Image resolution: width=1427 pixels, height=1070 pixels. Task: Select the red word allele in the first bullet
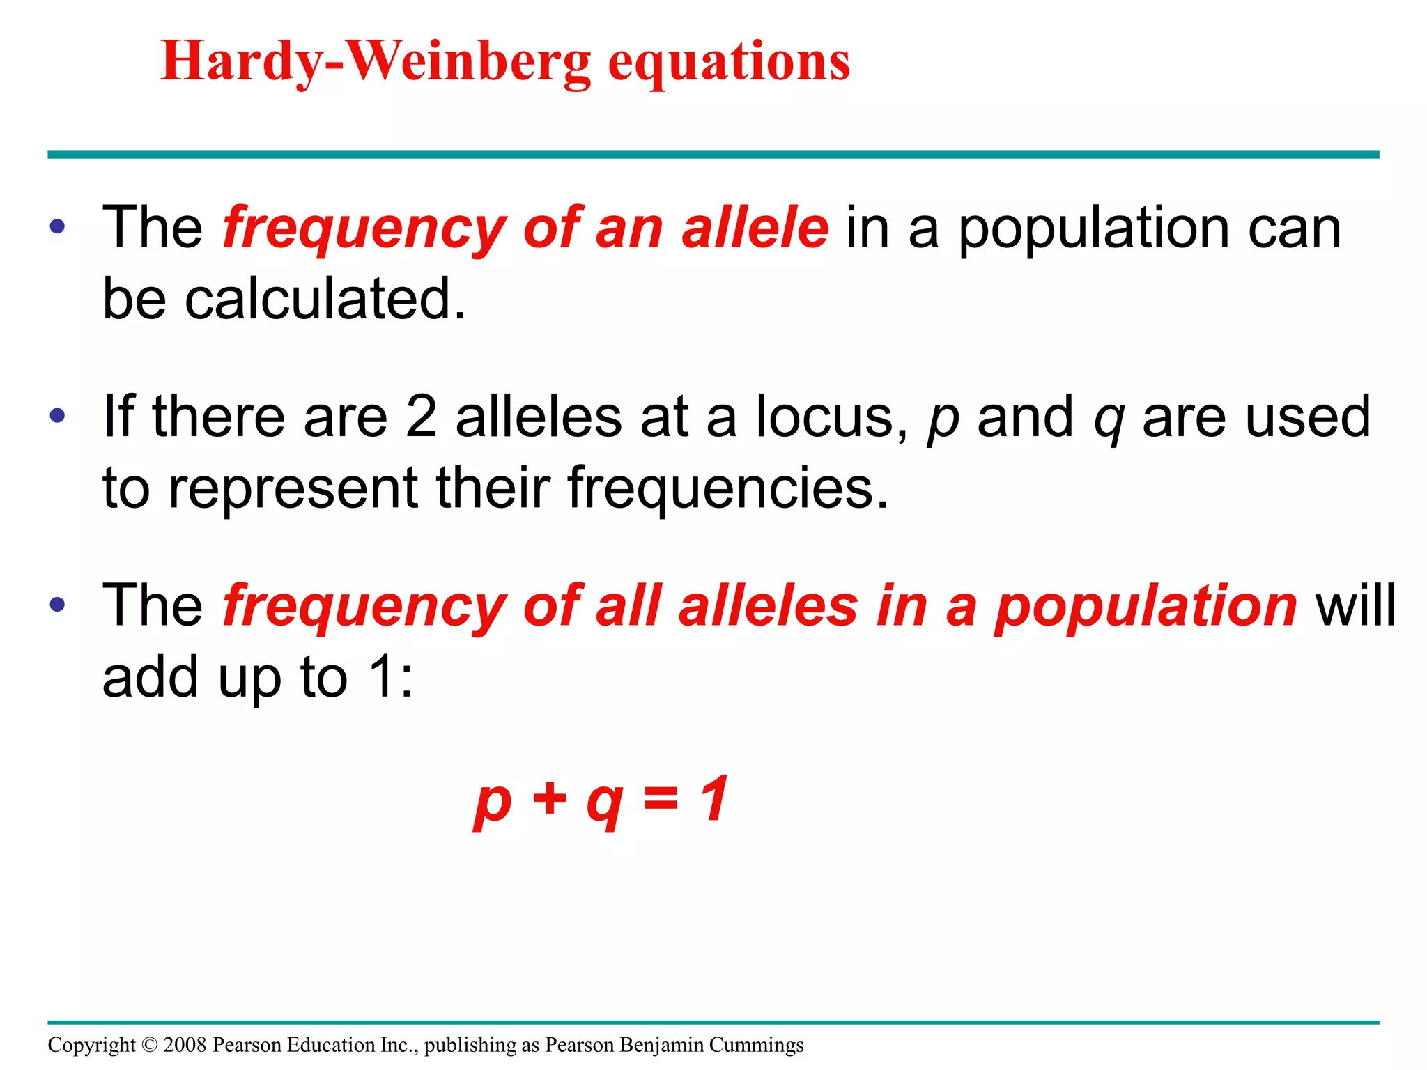[x=755, y=228]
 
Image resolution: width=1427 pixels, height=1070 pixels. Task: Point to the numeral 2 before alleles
[x=421, y=417]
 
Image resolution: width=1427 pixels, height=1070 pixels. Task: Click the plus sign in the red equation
[x=550, y=798]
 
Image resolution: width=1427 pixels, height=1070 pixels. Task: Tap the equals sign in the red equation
[x=661, y=798]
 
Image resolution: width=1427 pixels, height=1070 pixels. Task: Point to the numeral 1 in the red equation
[x=716, y=798]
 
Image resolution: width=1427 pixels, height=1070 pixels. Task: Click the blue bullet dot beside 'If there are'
[x=58, y=417]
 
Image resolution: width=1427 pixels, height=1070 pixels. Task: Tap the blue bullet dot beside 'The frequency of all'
[x=58, y=605]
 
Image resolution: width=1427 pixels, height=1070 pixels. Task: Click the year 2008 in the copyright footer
[x=185, y=1045]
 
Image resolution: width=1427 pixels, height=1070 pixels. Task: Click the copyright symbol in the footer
[x=150, y=1045]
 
